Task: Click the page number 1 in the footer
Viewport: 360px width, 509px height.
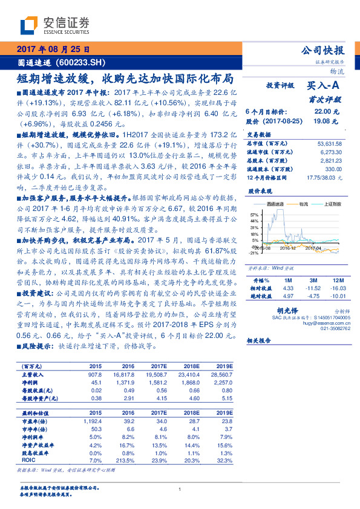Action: pos(180,490)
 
